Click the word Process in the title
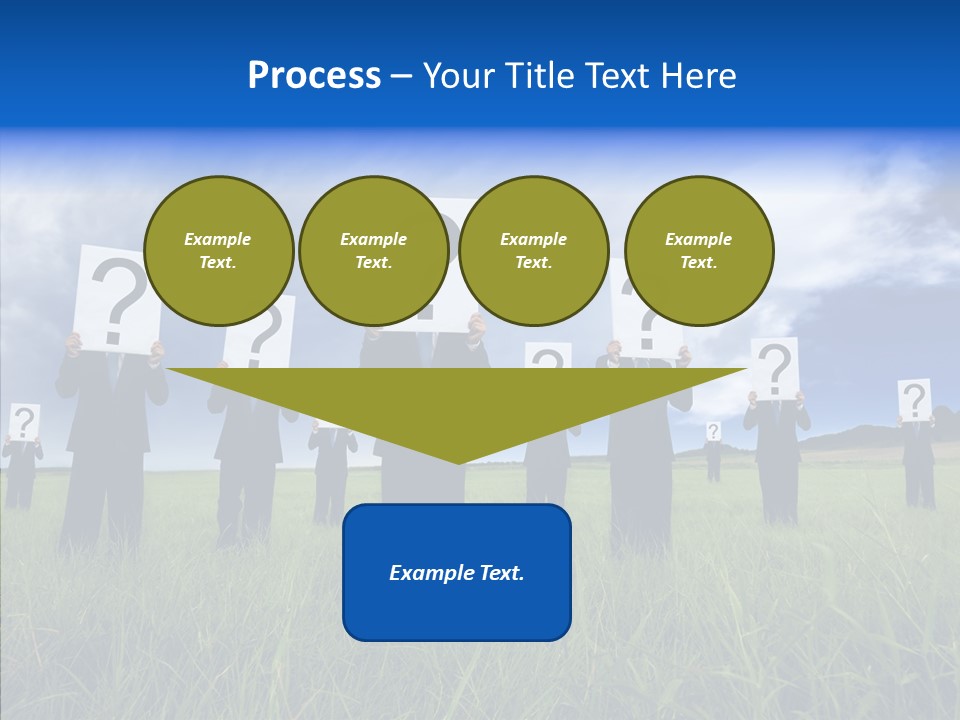(314, 76)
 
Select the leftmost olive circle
(218, 251)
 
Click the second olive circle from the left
(373, 251)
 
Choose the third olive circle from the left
(533, 251)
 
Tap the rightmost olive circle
(698, 251)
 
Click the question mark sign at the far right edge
(914, 400)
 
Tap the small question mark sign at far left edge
(24, 422)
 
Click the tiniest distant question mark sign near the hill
(713, 431)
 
